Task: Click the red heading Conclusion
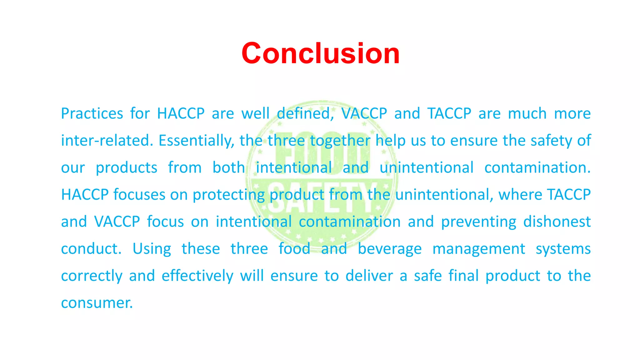pos(320,53)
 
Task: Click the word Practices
pos(92,113)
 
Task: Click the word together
pos(340,141)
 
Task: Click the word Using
pos(152,249)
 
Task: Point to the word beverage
pos(389,249)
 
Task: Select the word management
pos(478,249)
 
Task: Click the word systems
pos(563,249)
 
